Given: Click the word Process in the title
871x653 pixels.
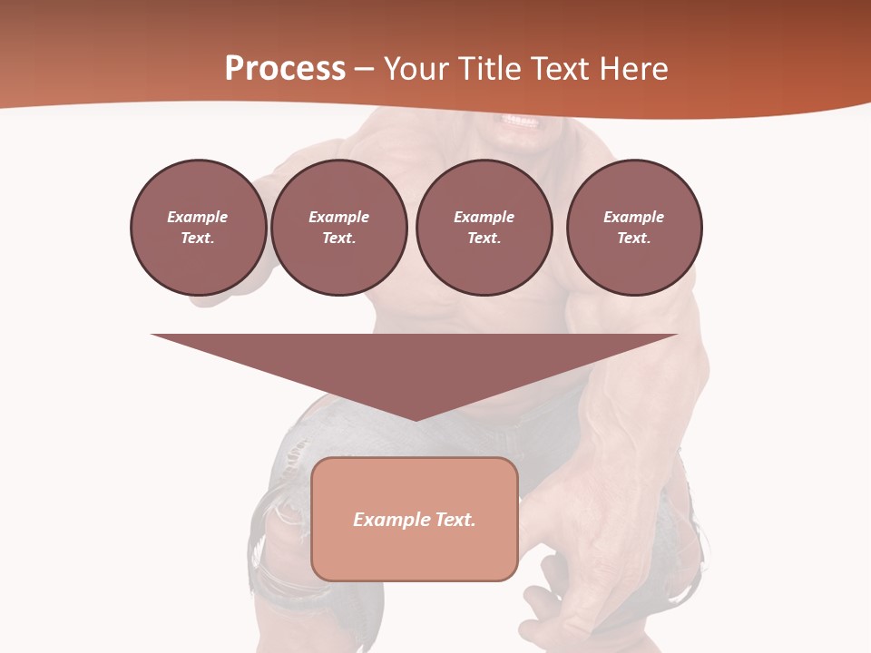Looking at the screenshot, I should coord(285,69).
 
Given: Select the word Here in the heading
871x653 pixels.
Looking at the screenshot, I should coord(634,69).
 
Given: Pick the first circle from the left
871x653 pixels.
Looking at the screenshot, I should coord(198,228).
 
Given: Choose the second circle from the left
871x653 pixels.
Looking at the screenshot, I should coord(338,228).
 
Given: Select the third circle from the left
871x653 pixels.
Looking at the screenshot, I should coord(484,228).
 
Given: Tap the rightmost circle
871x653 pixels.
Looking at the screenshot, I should coord(634,228).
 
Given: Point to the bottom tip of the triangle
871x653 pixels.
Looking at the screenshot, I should coord(415,419).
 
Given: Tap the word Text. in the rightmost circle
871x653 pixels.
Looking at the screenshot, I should coord(634,239).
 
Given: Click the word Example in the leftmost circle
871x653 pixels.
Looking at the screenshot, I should coord(198,217).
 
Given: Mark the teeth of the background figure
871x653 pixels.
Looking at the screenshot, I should coord(520,122).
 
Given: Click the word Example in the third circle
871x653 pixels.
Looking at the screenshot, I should coord(484,217).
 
